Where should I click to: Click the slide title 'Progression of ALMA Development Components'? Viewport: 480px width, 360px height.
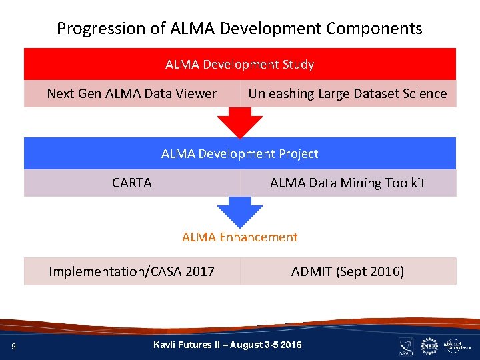pyautogui.click(x=239, y=29)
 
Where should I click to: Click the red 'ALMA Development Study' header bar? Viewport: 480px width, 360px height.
pyautogui.click(x=240, y=65)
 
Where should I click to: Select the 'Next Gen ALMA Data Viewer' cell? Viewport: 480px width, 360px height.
pyautogui.click(x=132, y=94)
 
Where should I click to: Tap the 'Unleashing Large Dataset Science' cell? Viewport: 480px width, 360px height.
pyautogui.click(x=347, y=94)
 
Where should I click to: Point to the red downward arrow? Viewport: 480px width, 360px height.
pyautogui.click(x=240, y=122)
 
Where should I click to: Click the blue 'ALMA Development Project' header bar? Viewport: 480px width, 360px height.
pyautogui.click(x=240, y=154)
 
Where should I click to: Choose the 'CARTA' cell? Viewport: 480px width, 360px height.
pyautogui.click(x=132, y=183)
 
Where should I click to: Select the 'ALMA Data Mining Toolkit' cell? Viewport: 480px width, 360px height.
pyautogui.click(x=347, y=183)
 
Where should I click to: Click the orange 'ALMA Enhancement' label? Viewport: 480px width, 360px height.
pyautogui.click(x=240, y=237)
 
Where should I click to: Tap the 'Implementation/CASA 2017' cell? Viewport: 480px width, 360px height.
pyautogui.click(x=132, y=271)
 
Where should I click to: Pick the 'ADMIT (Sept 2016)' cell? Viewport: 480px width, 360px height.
pyautogui.click(x=347, y=271)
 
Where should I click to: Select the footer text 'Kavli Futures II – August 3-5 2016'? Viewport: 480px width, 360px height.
pyautogui.click(x=227, y=345)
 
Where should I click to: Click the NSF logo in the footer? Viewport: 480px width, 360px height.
pyautogui.click(x=429, y=345)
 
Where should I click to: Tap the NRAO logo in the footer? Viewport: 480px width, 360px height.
pyautogui.click(x=406, y=345)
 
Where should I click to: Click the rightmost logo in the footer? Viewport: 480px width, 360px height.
pyautogui.click(x=457, y=345)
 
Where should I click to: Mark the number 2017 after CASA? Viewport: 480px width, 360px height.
pyautogui.click(x=200, y=271)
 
